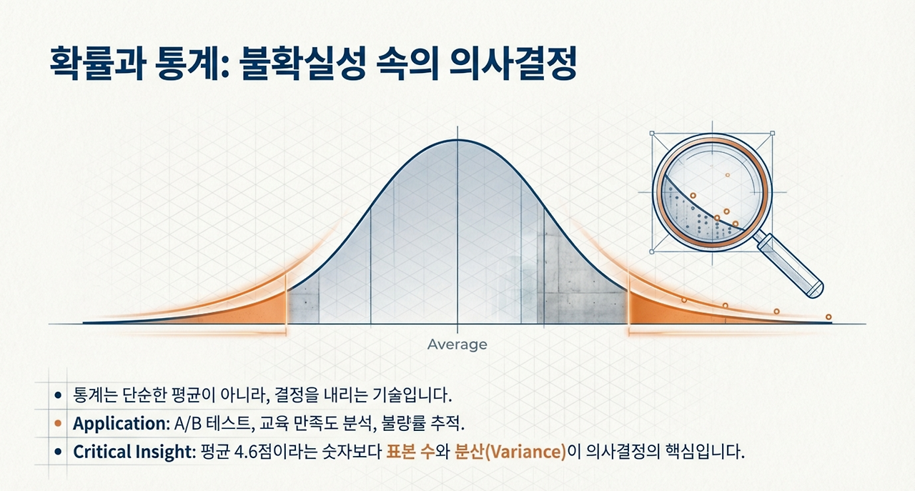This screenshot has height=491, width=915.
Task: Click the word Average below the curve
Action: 457,344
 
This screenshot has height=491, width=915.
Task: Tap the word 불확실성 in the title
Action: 302,64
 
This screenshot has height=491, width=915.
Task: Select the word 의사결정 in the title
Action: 513,64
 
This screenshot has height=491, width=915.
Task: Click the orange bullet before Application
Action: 58,424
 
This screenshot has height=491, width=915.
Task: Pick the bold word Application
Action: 119,424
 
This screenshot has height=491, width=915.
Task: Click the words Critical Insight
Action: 132,452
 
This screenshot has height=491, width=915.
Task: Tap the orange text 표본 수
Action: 410,452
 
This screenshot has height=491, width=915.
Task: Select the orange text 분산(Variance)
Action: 510,452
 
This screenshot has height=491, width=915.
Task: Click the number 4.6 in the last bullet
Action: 247,452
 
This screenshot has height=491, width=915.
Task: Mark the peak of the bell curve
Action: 457,140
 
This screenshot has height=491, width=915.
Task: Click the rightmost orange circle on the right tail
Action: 829,317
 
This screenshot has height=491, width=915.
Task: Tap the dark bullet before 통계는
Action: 58,395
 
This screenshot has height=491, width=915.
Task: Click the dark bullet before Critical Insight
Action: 58,452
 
